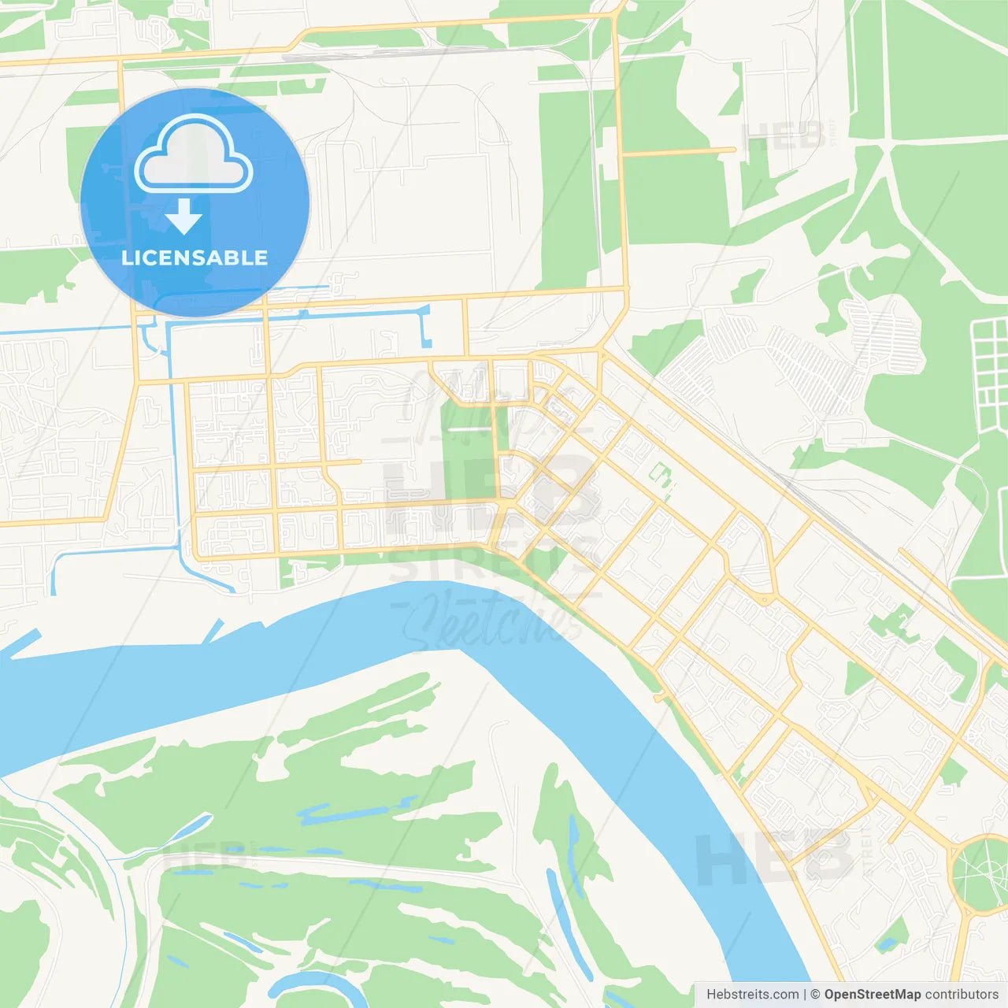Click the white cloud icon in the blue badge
click(193, 156)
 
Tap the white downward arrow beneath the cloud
click(183, 217)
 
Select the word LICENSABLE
click(195, 258)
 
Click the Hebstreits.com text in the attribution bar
click(752, 995)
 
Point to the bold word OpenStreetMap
click(873, 995)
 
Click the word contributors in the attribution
click(962, 995)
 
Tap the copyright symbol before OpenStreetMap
click(815, 995)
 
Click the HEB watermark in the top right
click(784, 138)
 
